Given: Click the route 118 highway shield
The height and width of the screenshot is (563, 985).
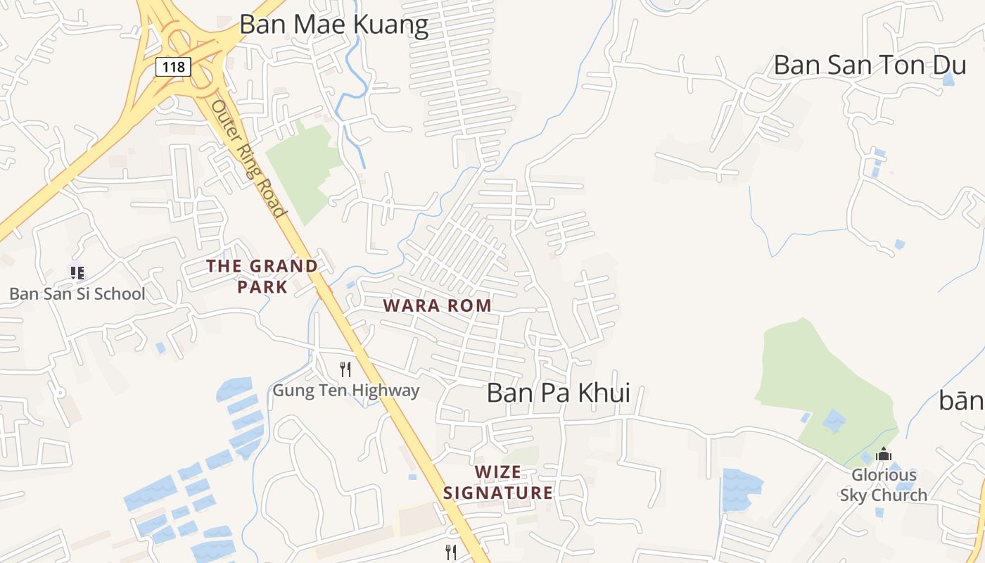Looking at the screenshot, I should click(173, 67).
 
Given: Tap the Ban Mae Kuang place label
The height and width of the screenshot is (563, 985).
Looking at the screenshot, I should click(333, 25).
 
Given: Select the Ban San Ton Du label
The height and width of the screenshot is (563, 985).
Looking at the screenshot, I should click(870, 65).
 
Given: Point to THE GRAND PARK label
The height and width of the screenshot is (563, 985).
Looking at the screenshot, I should click(262, 276).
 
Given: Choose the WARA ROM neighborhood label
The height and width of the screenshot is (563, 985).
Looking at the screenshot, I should click(437, 305).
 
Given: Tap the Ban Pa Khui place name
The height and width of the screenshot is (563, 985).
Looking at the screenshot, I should click(559, 393).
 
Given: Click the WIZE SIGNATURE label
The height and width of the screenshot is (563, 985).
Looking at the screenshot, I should click(498, 482).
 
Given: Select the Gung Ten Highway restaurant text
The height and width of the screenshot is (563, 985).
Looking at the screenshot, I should click(345, 390).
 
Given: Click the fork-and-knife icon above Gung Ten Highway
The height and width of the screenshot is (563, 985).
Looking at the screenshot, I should click(345, 369).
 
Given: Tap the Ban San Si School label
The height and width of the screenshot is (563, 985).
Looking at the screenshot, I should click(77, 293).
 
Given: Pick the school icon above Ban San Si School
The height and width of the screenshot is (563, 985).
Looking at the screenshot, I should click(77, 272).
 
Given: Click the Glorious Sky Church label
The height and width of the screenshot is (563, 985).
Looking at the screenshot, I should click(884, 485).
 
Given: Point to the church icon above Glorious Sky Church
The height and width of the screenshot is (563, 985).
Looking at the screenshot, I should click(884, 455).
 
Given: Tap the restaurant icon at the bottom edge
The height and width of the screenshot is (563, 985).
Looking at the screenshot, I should click(451, 552).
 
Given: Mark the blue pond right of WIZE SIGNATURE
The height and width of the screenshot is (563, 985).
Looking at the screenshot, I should click(742, 488).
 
